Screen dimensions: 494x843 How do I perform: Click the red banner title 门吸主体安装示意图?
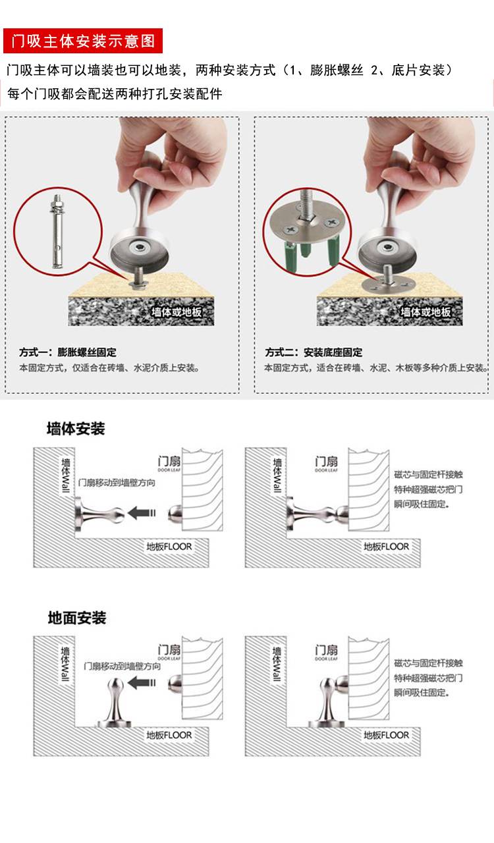83,41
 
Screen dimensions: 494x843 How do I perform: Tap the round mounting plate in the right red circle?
307,221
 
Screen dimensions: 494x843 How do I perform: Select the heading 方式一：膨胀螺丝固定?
68,352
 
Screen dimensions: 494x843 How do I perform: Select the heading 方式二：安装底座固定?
314,352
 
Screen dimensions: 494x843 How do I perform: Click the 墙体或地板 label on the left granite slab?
177,312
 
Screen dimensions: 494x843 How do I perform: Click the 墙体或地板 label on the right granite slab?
425,312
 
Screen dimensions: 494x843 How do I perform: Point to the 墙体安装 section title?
76,429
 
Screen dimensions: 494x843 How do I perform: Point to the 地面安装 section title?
77,618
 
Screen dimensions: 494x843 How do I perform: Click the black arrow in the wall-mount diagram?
142,512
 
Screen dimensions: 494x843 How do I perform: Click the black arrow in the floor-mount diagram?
142,683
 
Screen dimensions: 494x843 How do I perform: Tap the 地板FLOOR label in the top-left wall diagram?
169,547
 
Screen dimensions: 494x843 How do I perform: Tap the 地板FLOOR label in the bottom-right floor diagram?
386,735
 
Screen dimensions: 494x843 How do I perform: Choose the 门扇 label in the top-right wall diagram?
327,462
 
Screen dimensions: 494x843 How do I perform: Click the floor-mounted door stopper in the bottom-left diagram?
115,702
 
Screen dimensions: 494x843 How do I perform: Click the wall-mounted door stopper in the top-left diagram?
99,514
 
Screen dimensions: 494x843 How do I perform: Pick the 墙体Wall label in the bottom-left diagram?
65,664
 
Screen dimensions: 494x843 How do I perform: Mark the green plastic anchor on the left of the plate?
291,256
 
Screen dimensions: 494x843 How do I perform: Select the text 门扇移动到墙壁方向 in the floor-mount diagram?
122,666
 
